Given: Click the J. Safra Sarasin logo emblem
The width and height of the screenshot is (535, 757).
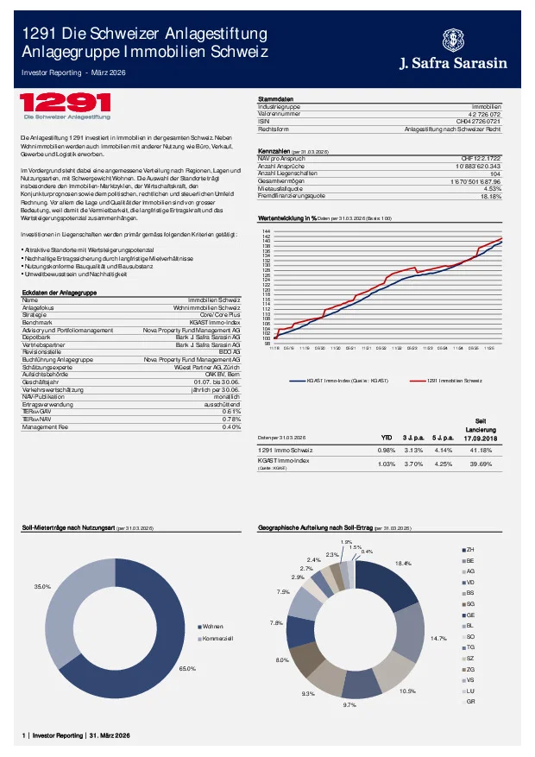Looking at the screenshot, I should point(453,40).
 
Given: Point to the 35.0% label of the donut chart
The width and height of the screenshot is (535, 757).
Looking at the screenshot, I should point(41,587).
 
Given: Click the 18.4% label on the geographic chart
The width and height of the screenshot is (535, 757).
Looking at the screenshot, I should point(403,563).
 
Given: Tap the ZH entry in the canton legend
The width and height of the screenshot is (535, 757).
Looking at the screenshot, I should point(469,549).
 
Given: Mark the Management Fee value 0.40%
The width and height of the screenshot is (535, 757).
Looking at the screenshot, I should point(231,426).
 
